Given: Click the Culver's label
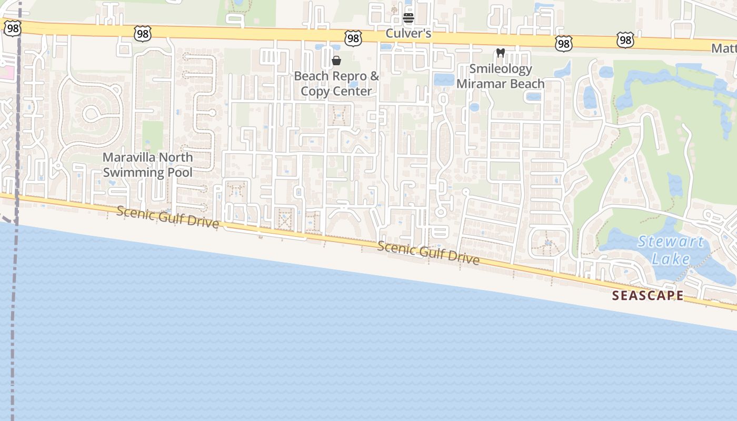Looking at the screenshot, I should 409,33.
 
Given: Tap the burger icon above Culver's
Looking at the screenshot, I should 409,18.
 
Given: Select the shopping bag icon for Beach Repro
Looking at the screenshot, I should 336,61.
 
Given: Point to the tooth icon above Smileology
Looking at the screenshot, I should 501,53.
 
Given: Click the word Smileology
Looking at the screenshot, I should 501,69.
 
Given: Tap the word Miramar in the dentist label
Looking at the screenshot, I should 479,84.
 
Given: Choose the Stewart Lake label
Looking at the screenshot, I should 671,250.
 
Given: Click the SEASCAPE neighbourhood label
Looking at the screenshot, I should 648,296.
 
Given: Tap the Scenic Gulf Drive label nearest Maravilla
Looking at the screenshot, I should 167,217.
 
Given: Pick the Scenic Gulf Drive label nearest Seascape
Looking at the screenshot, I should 429,253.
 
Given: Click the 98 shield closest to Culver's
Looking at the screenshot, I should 353,38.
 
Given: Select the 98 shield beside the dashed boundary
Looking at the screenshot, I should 12,28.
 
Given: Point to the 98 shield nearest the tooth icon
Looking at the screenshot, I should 563,44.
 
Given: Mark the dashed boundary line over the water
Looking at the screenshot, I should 14,316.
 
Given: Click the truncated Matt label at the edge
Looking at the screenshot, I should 724,48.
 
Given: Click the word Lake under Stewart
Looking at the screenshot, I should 671,259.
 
